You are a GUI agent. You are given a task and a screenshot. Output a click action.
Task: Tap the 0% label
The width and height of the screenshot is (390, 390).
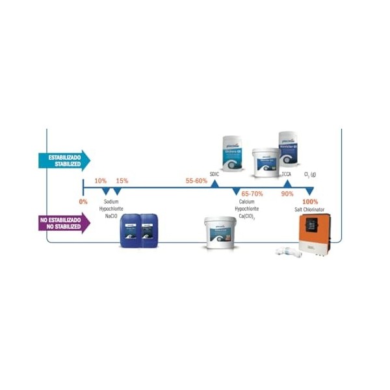tap(83, 201)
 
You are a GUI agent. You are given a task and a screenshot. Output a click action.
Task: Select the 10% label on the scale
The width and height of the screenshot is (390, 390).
tap(101, 181)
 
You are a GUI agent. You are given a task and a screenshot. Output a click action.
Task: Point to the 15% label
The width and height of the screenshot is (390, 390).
tap(122, 181)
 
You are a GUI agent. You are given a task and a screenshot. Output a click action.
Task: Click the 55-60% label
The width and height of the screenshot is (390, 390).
tap(196, 181)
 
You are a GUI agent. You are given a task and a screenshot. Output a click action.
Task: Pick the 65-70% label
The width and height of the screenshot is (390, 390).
tap(252, 194)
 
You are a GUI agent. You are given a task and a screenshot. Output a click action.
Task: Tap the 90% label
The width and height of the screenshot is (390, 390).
tap(287, 194)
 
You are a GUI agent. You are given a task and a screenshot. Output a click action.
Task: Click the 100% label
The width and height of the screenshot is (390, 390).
tap(310, 201)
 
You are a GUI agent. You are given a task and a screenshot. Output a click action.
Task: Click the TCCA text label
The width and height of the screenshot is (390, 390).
tap(287, 174)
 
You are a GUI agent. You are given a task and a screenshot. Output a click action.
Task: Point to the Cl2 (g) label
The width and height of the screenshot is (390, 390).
tap(310, 174)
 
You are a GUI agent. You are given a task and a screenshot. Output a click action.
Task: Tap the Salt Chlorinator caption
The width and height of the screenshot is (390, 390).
tap(310, 209)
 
